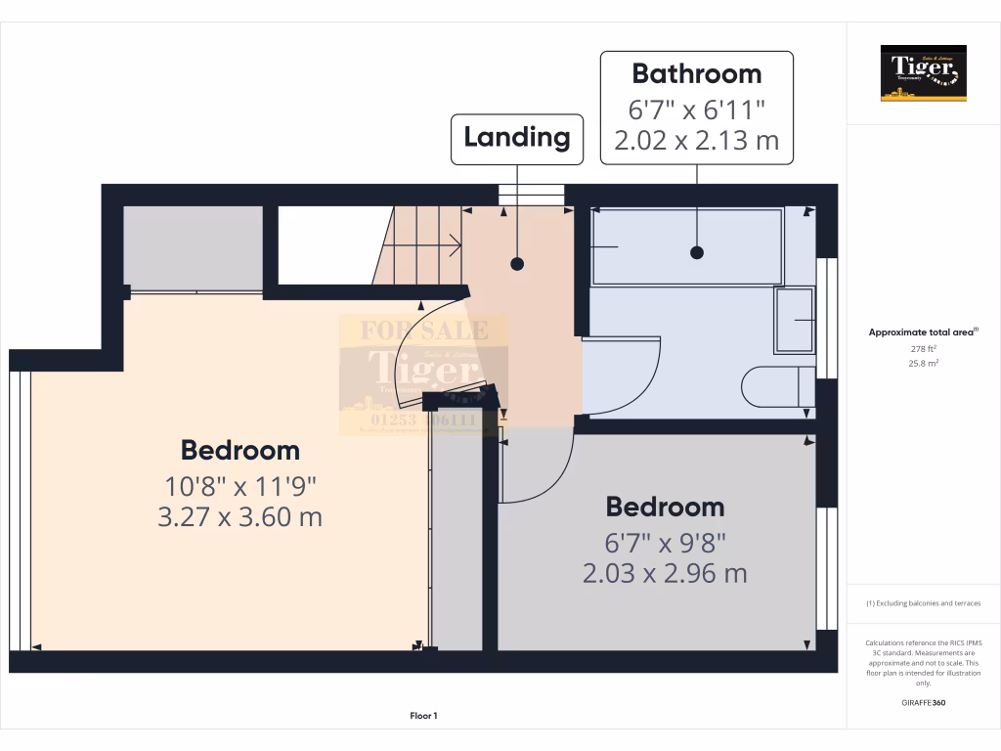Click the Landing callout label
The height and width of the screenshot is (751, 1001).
click(x=516, y=138)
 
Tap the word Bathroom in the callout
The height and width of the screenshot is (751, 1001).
click(x=696, y=73)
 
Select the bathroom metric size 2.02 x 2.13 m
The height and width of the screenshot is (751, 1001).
click(x=696, y=140)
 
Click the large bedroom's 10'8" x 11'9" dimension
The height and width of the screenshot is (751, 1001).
click(x=239, y=485)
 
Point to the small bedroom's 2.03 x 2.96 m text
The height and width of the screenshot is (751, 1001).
click(x=665, y=573)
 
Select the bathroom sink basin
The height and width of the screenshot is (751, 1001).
click(x=794, y=320)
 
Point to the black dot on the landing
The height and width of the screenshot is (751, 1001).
click(x=517, y=264)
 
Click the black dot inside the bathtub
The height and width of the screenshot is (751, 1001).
click(x=697, y=252)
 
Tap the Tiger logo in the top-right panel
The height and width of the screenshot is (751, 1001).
click(x=923, y=73)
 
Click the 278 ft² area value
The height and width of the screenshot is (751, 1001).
click(x=923, y=348)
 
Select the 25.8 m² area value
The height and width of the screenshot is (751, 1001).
click(x=923, y=363)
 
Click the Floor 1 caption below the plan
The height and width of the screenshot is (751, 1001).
click(x=423, y=717)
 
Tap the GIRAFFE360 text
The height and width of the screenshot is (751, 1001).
click(x=923, y=702)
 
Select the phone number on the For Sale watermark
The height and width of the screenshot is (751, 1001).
click(x=422, y=420)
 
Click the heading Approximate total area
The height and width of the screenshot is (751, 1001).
click(x=923, y=332)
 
